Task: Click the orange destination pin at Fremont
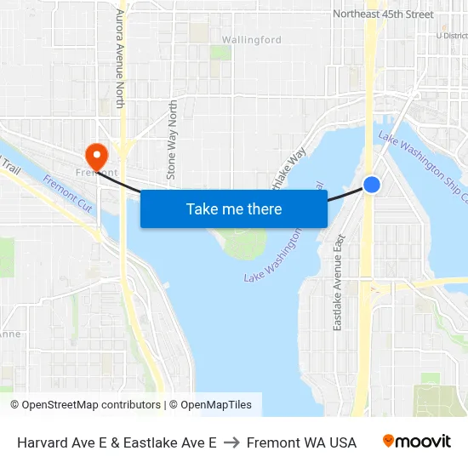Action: coord(96,155)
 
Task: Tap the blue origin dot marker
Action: coord(372,184)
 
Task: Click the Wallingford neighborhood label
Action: coord(251,40)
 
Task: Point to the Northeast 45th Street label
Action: coord(383,14)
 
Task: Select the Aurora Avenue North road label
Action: coord(120,59)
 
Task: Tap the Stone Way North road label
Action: coord(173,140)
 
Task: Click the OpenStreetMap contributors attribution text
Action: coord(85,405)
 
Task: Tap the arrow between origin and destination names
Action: coord(231,442)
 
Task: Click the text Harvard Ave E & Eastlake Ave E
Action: coord(117,442)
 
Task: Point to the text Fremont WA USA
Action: coord(301,442)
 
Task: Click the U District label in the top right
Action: coord(451,36)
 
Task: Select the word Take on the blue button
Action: coord(201,208)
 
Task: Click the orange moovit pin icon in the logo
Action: coord(388,441)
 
